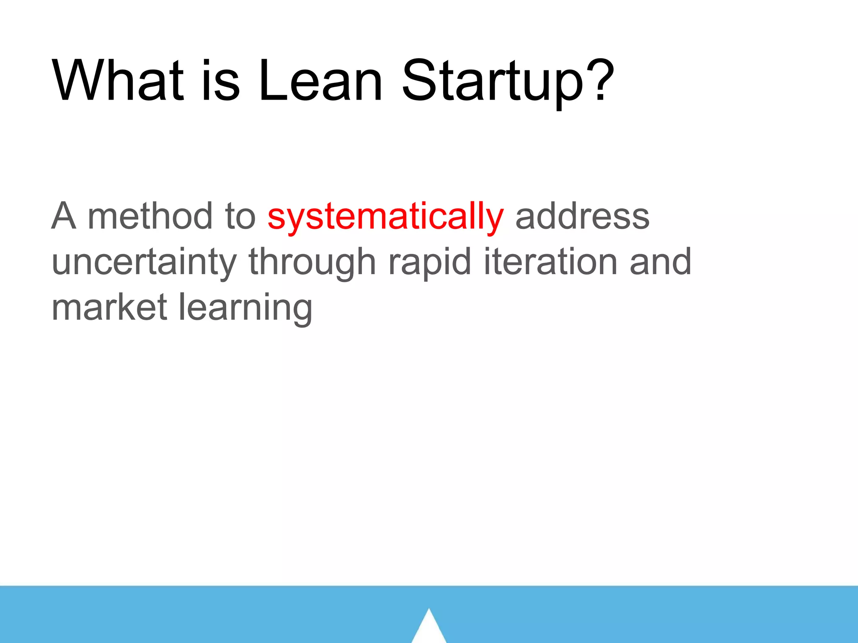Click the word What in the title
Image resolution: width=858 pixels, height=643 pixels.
tap(118, 80)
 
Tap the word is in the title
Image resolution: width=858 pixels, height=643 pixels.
tap(221, 80)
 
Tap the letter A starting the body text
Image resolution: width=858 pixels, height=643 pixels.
tap(64, 216)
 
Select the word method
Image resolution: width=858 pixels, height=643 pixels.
tap(150, 216)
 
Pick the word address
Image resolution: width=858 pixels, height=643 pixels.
tap(582, 217)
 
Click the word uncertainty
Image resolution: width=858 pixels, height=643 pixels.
tap(144, 263)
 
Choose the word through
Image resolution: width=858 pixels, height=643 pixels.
tap(312, 263)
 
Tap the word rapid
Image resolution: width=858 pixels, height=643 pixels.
tap(430, 263)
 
